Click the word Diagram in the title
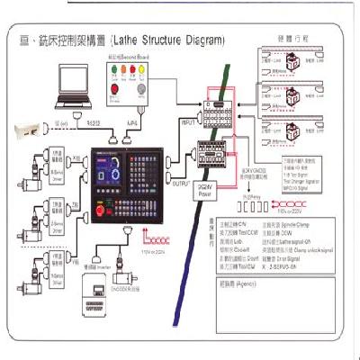pyautogui.click(x=199, y=40)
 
